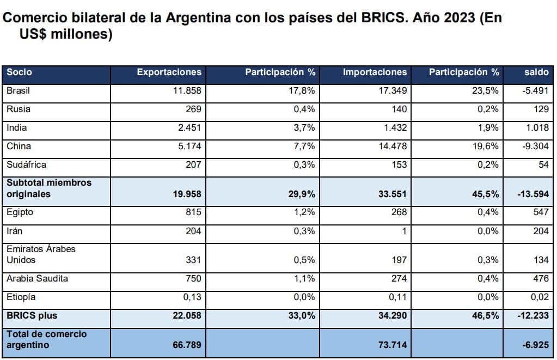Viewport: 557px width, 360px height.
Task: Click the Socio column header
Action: tap(20, 72)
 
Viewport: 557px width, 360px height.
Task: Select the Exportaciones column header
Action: tap(169, 72)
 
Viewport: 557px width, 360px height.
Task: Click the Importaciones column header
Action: tap(375, 72)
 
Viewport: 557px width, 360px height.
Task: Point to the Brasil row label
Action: tap(18, 91)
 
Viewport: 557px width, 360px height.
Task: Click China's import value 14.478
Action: tap(393, 147)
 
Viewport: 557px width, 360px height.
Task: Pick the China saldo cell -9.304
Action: tap(535, 147)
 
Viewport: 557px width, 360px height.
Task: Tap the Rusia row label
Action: tap(19, 109)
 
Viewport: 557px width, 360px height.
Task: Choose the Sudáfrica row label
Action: tap(26, 164)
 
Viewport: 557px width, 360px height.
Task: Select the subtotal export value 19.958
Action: tap(186, 194)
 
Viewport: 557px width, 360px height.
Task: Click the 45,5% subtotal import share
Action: tap(485, 194)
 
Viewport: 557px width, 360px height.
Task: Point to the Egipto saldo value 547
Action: tap(540, 212)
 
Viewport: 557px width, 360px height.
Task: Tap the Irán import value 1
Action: tap(404, 231)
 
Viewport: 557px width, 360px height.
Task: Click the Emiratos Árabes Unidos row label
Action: tap(41, 254)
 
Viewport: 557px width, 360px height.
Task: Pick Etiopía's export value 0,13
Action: tap(191, 297)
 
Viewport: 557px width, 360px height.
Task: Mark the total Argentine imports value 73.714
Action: tap(392, 345)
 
